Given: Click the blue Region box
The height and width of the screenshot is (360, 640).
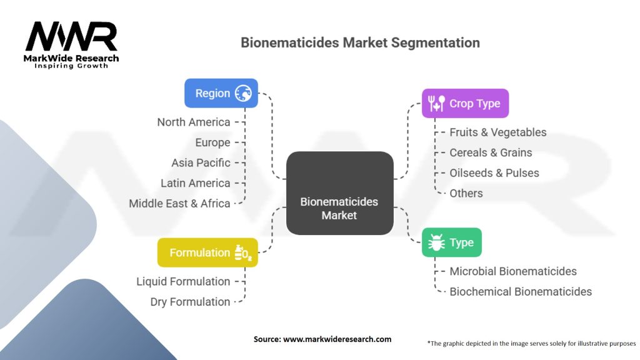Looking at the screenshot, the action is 221,93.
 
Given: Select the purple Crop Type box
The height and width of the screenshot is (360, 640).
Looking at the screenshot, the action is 465,103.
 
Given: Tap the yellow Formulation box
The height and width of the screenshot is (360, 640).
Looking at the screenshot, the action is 207,252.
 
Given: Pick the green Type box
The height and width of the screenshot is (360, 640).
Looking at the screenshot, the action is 451,242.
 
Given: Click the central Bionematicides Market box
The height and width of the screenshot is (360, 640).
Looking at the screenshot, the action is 339,193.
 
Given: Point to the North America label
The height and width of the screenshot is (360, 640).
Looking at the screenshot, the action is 194,122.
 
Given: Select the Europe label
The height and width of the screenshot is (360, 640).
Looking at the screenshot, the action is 212,142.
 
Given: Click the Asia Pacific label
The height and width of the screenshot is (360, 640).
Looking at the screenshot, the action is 201,162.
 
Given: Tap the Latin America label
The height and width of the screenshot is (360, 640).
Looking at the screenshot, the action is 196,183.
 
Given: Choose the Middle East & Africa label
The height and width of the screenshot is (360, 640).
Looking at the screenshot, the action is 179,203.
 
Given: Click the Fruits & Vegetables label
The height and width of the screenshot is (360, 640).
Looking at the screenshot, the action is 497,132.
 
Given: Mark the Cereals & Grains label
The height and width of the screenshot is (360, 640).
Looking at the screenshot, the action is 491,152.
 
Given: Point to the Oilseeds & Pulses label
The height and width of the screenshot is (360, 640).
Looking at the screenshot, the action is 494,172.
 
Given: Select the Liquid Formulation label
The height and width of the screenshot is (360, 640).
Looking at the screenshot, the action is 183,281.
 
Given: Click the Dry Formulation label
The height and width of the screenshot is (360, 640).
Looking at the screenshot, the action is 190,301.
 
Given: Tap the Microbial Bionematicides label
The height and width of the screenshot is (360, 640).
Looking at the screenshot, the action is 512,271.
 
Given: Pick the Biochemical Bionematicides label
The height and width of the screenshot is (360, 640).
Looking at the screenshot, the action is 520,291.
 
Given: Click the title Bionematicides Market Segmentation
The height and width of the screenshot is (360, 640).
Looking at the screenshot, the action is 360,43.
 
